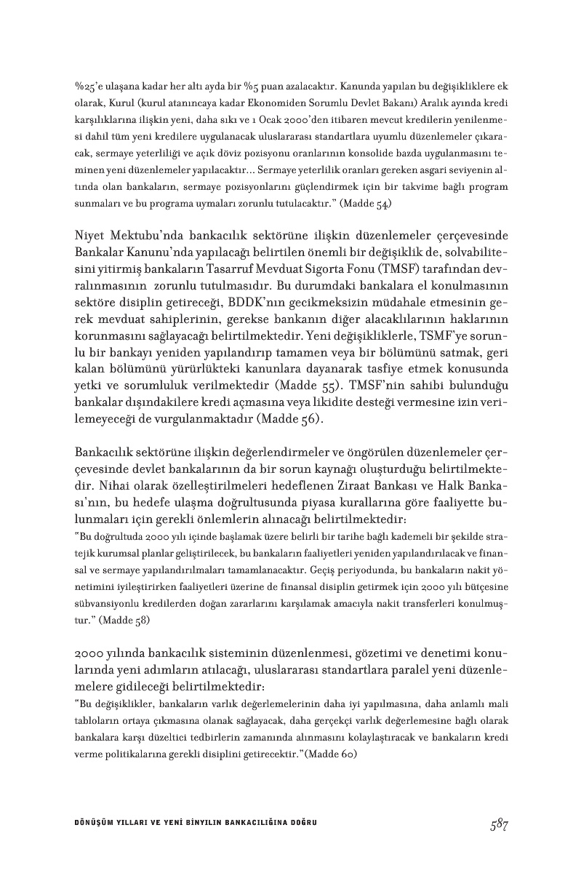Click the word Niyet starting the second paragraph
click(x=92, y=236)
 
